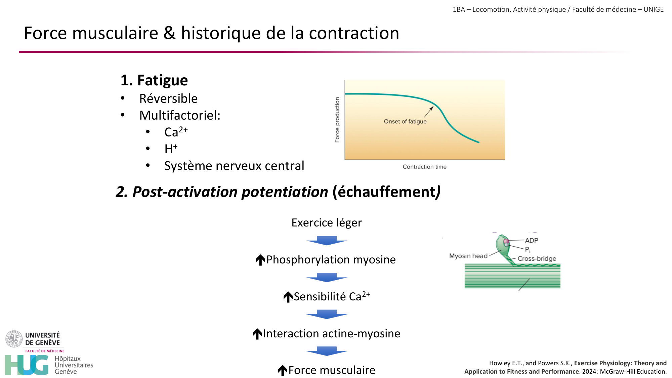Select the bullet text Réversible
click(x=168, y=98)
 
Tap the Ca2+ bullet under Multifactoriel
click(x=176, y=132)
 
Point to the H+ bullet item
click(x=171, y=149)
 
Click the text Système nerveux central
click(x=234, y=166)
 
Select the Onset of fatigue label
click(x=405, y=122)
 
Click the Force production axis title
click(x=337, y=120)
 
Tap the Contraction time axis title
click(x=424, y=167)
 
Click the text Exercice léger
click(x=327, y=223)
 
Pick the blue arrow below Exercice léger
click(x=327, y=241)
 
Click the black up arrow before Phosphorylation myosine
click(x=260, y=260)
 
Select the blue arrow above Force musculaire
click(x=327, y=351)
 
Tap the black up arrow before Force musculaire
click(x=283, y=370)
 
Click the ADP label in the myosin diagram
click(x=532, y=241)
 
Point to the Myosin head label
click(x=468, y=256)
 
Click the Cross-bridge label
click(x=537, y=259)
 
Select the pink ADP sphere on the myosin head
click(x=506, y=241)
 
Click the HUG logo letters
click(x=27, y=365)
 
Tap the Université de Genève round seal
click(x=14, y=338)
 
